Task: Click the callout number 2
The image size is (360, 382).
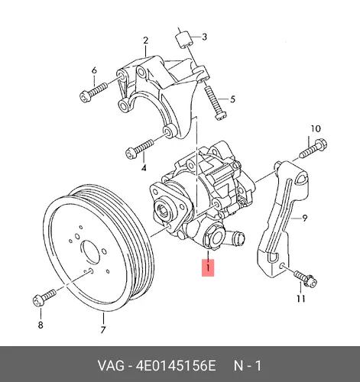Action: tap(145, 40)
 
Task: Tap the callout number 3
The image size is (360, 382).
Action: tap(204, 37)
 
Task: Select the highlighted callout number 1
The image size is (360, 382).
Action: tap(208, 267)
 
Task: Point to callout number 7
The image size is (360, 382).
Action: tap(103, 330)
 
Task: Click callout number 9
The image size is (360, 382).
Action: tap(304, 218)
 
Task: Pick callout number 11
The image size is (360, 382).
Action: tap(300, 298)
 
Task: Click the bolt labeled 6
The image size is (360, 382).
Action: tap(93, 92)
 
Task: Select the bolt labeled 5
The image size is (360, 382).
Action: tap(215, 102)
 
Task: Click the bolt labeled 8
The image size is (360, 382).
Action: tap(44, 298)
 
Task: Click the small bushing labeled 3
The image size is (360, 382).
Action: tap(183, 40)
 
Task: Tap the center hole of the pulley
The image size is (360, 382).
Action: tap(89, 251)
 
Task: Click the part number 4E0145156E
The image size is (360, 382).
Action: tap(176, 366)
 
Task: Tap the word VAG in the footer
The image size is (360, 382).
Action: tap(111, 366)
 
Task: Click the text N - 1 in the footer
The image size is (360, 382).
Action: tap(248, 366)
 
